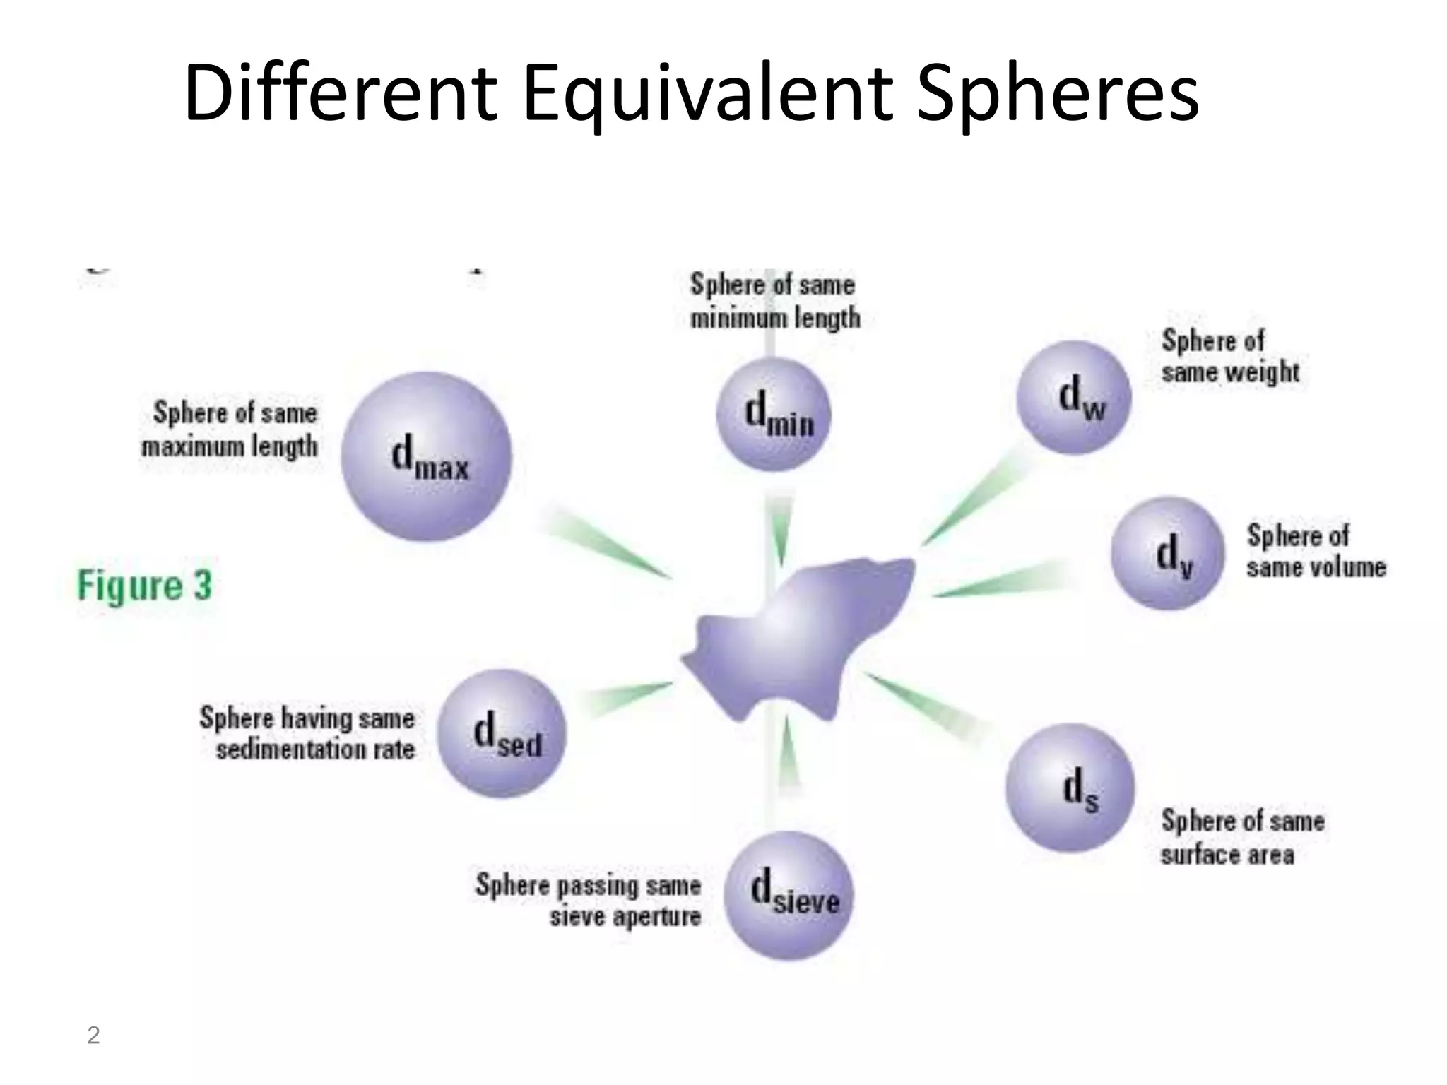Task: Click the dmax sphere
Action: [x=425, y=456]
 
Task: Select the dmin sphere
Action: [x=774, y=414]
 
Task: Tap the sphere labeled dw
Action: [x=1074, y=398]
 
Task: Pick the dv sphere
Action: [x=1168, y=553]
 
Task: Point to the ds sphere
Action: [x=1070, y=788]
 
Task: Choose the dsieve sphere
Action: [x=789, y=896]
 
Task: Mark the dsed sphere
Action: [x=502, y=733]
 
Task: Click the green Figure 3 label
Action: [x=145, y=586]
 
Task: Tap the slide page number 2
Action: [x=93, y=1036]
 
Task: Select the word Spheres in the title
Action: [x=1057, y=95]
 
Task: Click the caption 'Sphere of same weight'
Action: [x=1229, y=357]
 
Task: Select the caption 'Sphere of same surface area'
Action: [x=1242, y=838]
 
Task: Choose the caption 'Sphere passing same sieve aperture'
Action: [x=589, y=901]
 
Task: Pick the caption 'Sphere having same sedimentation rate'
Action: [x=307, y=733]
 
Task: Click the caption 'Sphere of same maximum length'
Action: [x=230, y=429]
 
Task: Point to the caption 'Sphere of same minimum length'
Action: [x=774, y=302]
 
